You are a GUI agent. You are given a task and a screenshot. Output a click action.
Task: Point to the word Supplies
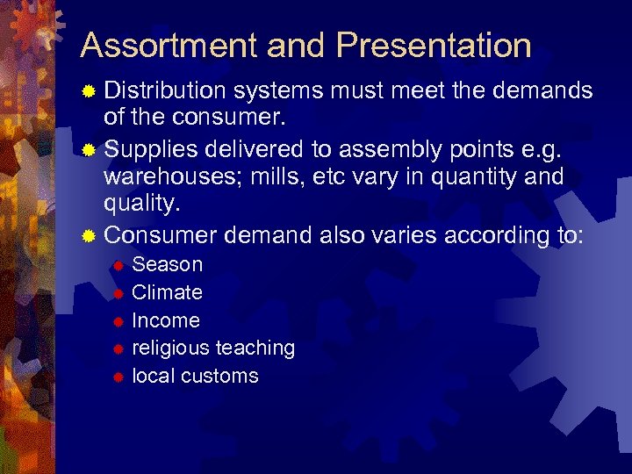tap(150, 148)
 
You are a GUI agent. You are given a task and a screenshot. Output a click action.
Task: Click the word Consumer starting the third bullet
tap(161, 235)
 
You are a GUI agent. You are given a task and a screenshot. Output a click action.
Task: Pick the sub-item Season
tap(167, 264)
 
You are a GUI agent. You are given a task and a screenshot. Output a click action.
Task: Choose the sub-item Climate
tap(167, 292)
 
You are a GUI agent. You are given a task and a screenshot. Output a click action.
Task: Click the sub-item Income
tap(166, 320)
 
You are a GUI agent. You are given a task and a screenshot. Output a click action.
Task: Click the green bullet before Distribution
tap(88, 91)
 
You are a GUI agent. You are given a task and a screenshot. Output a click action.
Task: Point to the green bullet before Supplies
tap(88, 149)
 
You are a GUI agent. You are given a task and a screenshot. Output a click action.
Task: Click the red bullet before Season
tap(117, 265)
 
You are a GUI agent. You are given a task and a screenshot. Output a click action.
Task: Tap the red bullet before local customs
tap(117, 377)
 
